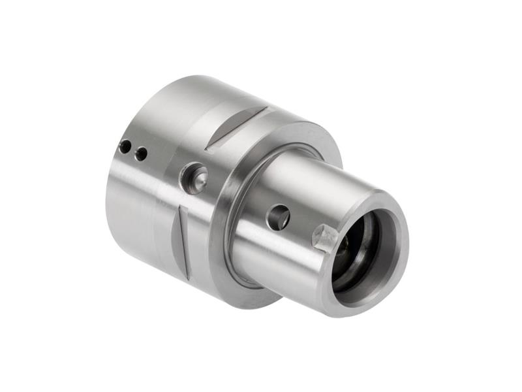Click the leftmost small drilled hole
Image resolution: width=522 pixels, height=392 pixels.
coord(124,147)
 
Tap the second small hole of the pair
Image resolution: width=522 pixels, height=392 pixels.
coord(141,154)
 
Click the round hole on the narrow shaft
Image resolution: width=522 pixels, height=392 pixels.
coord(279,217)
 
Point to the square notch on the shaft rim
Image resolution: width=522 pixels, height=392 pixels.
coord(325,237)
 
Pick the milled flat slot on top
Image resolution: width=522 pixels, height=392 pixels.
coord(236,127)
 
